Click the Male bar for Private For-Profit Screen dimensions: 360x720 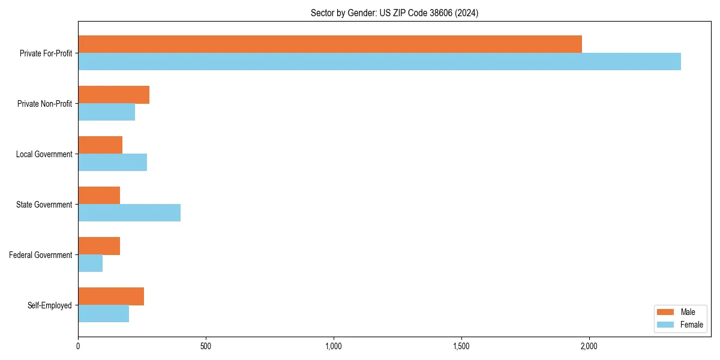pyautogui.click(x=330, y=44)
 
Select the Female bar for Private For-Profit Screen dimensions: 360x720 pyautogui.click(x=379, y=62)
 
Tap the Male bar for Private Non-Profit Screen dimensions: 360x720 pyautogui.click(x=113, y=95)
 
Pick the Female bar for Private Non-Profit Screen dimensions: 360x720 pyautogui.click(x=106, y=112)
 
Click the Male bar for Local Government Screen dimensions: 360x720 pyautogui.click(x=100, y=145)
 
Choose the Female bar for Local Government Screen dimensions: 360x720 pyautogui.click(x=112, y=163)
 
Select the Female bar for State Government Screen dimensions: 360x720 pyautogui.click(x=129, y=213)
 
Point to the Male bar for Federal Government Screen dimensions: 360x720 pyautogui.click(x=99, y=246)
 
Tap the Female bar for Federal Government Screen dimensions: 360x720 pyautogui.click(x=90, y=263)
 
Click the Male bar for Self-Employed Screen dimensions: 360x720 pyautogui.click(x=111, y=296)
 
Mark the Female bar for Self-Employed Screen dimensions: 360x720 pyautogui.click(x=103, y=314)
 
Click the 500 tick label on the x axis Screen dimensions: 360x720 pyautogui.click(x=206, y=346)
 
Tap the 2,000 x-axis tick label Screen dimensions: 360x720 pyautogui.click(x=589, y=346)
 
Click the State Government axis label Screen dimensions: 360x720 pyautogui.click(x=44, y=205)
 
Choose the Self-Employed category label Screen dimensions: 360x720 pyautogui.click(x=50, y=305)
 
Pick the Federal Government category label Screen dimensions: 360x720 pyautogui.click(x=41, y=255)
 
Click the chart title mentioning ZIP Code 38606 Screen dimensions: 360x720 pyautogui.click(x=394, y=13)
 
